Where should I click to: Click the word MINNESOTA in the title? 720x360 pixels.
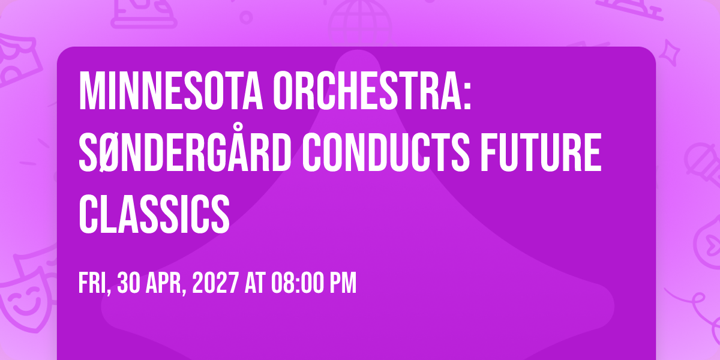171,91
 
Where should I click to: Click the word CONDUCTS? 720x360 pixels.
386,152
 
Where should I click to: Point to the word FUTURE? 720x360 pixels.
541,152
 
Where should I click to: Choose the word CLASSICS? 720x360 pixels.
154,214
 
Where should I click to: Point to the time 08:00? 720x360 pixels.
296,283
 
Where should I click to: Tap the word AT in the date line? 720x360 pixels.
254,283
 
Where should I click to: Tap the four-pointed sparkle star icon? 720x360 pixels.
669,53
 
